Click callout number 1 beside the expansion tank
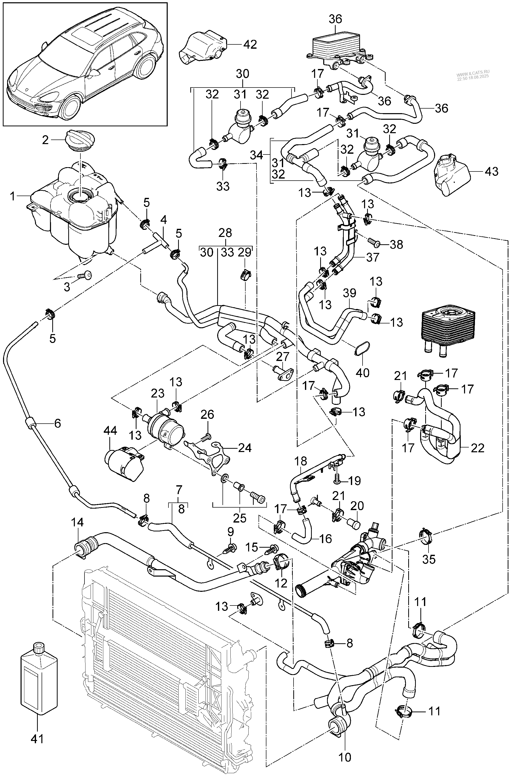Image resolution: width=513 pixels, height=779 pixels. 12,196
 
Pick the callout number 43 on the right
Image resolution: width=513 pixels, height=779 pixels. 491,171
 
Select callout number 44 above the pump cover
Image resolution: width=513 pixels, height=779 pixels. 110,431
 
